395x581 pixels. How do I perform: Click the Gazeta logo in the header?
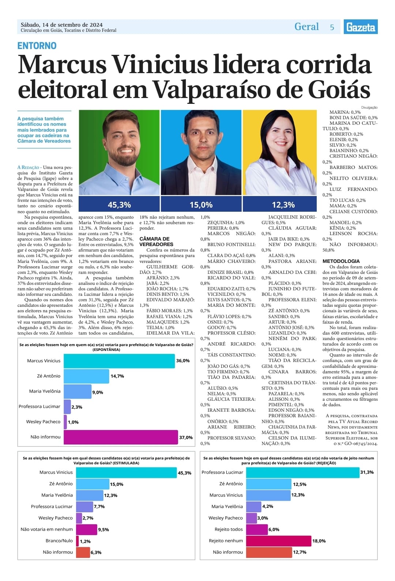point(360,27)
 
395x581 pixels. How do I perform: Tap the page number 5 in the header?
point(332,27)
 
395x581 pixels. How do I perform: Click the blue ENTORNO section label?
point(37,46)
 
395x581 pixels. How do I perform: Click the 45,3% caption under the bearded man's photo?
point(119,204)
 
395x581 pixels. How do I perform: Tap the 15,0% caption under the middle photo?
point(201,204)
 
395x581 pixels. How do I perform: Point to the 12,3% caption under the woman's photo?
point(283,204)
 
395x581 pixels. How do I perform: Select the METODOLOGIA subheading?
point(341,261)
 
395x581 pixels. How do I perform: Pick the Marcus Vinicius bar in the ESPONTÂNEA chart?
point(119,361)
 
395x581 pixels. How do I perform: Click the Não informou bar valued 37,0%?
point(121,437)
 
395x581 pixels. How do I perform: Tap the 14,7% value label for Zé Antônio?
point(117,376)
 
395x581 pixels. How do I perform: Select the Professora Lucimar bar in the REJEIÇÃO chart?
point(302,472)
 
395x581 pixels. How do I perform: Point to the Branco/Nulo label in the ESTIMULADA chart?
point(59,541)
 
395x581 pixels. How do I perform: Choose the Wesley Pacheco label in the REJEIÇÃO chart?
point(225,518)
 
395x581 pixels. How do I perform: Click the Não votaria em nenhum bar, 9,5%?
point(87,529)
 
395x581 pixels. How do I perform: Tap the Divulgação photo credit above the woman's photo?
point(369,107)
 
